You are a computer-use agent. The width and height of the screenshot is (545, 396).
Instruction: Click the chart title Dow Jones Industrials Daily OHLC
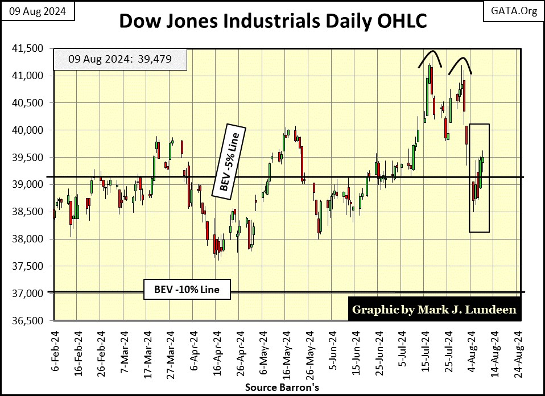[272, 21]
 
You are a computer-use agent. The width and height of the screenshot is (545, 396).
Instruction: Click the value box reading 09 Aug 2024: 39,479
[119, 59]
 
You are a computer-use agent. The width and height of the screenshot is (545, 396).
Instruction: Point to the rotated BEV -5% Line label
[228, 161]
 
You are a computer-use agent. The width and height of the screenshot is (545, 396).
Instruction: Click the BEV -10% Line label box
[187, 288]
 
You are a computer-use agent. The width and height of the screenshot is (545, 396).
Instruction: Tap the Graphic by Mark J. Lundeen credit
[434, 310]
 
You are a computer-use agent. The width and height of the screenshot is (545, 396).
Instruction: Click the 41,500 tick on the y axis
[28, 48]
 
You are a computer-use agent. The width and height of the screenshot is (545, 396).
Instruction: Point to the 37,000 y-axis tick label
[28, 294]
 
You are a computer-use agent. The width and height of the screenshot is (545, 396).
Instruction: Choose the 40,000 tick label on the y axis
[28, 130]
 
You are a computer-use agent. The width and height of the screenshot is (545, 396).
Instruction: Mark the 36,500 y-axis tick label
[28, 321]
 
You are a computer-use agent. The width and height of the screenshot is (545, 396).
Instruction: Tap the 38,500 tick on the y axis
[28, 212]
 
